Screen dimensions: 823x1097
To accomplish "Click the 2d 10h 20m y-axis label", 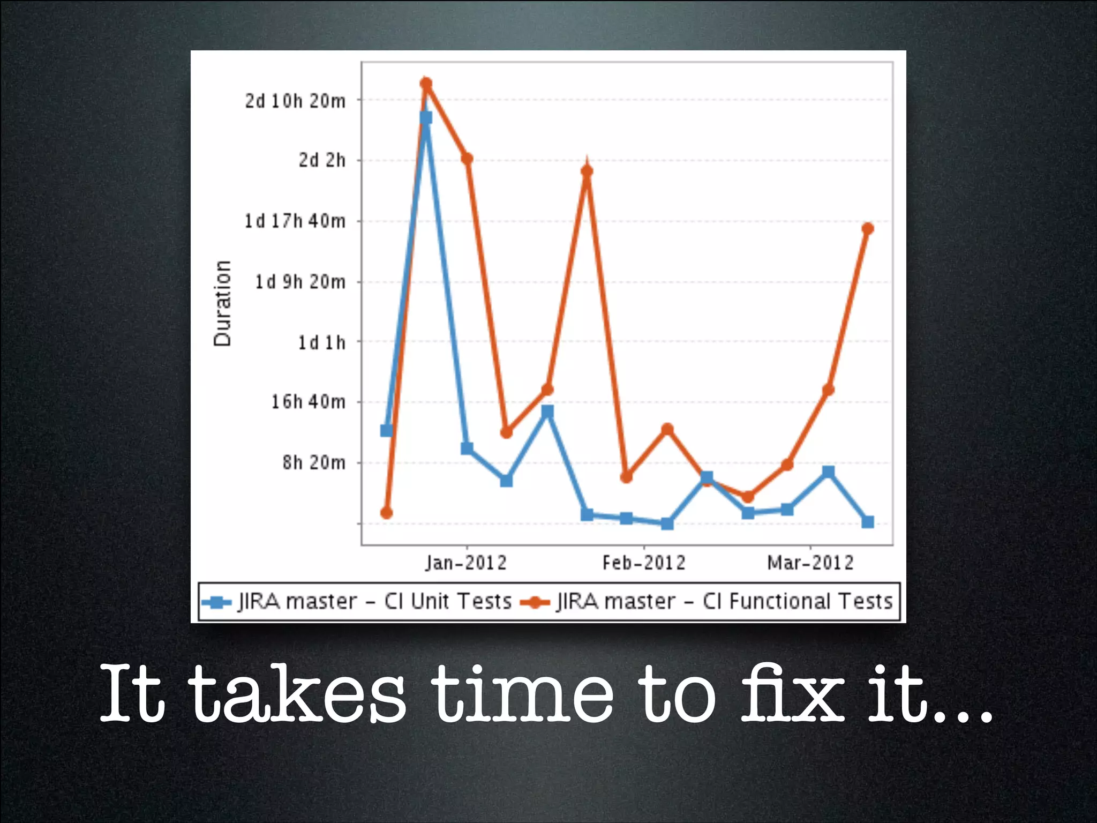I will [295, 101].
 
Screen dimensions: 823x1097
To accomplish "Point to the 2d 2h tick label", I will [322, 160].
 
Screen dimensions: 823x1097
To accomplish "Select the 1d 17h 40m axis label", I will [295, 221].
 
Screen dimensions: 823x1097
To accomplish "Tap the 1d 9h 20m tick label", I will [300, 282].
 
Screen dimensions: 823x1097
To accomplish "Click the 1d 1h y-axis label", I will [321, 342].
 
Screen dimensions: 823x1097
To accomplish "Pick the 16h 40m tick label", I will [308, 402].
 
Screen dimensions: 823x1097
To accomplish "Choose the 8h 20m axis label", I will [314, 462].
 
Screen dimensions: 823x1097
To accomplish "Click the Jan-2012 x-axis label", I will [466, 563].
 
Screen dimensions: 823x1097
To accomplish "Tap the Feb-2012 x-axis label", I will [644, 563].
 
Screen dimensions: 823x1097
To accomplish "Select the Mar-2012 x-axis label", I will [810, 563].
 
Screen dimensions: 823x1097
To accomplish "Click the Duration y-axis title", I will [222, 303].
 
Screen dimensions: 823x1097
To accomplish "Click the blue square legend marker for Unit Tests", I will [216, 602].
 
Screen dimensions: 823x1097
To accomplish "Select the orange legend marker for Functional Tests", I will [535, 602].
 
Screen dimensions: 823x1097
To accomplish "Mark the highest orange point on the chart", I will [426, 83].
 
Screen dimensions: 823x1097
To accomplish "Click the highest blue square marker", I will [426, 117].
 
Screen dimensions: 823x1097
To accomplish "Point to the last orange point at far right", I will [868, 229].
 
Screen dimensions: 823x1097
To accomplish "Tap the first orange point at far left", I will [386, 513].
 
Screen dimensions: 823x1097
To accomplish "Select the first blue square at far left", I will [386, 430].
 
